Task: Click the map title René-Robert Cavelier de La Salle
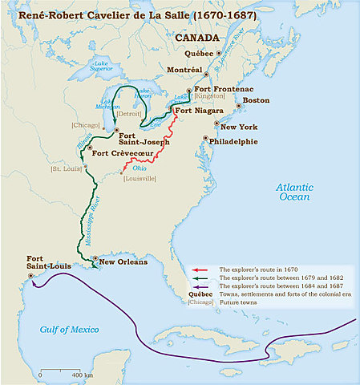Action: pos(111,14)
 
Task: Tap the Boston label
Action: pos(257,102)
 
